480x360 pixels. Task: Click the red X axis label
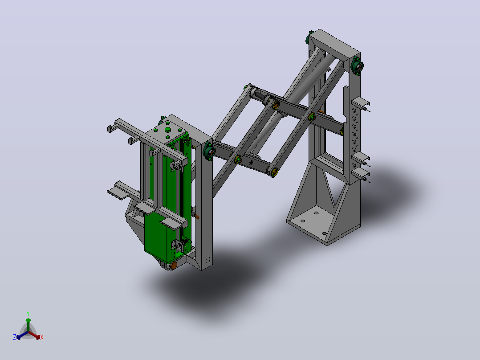click(42, 337)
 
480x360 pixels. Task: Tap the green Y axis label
click(28, 313)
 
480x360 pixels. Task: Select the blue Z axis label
click(15, 337)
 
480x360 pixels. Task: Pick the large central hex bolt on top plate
click(167, 130)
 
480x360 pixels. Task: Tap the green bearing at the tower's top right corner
click(358, 65)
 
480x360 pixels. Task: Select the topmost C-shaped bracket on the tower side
click(361, 104)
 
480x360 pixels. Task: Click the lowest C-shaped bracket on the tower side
click(361, 175)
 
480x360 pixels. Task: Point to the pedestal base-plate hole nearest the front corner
click(325, 233)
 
